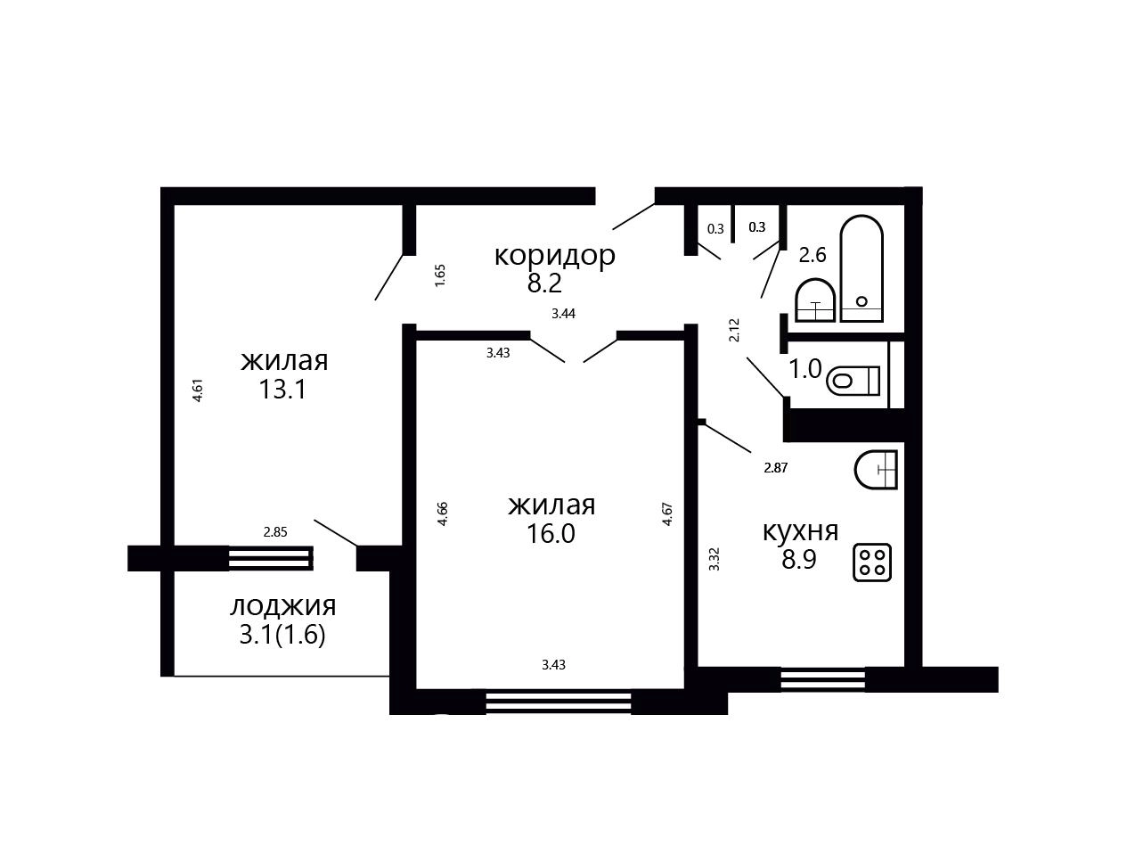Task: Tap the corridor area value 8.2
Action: [544, 283]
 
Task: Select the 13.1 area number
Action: [282, 390]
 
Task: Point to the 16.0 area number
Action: [551, 534]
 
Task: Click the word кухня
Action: [800, 531]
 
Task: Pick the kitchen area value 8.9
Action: [799, 559]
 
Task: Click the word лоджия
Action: [283, 606]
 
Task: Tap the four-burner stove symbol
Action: [872, 563]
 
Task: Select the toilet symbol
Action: [853, 381]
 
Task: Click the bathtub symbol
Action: [862, 268]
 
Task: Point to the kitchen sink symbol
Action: [876, 470]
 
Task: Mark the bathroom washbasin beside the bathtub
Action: [815, 300]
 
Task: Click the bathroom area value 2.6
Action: [813, 255]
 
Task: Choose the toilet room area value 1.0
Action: [805, 369]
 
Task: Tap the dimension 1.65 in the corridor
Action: [440, 275]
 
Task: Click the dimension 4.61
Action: [198, 390]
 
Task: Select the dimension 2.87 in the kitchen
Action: [776, 468]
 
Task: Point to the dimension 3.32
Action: [715, 559]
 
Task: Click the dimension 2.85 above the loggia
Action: [275, 532]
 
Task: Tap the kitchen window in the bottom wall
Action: [823, 679]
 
